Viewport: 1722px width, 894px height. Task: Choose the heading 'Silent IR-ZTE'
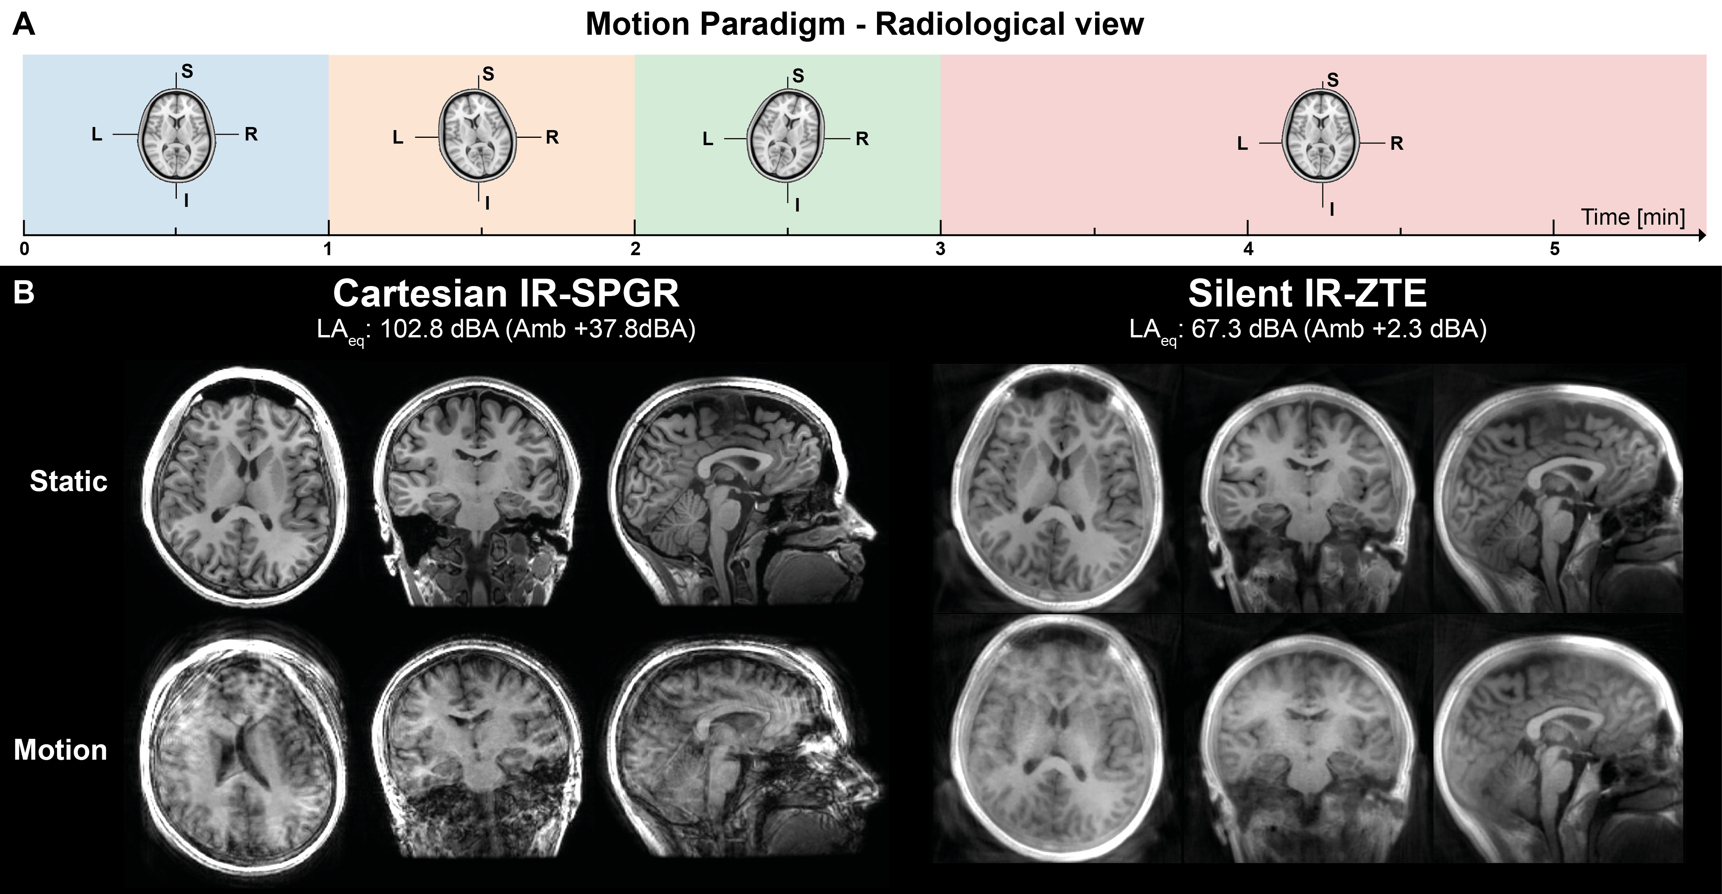point(1307,293)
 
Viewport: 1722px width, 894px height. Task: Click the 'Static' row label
point(68,481)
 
